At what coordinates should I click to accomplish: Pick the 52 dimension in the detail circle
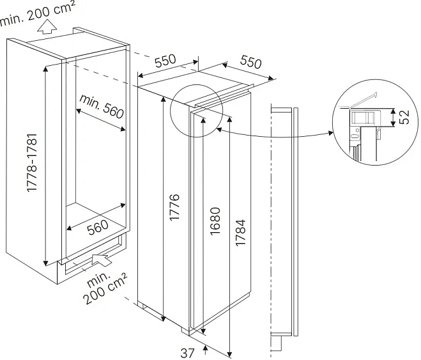(x=404, y=117)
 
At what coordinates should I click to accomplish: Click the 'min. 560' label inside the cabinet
(x=101, y=106)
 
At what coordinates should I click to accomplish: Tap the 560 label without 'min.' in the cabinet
(x=98, y=227)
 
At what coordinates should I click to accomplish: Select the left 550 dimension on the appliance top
(x=164, y=62)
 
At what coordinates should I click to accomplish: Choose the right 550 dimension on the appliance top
(x=251, y=63)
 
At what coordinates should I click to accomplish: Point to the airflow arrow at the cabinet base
(x=101, y=258)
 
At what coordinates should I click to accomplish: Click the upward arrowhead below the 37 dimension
(x=205, y=348)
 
